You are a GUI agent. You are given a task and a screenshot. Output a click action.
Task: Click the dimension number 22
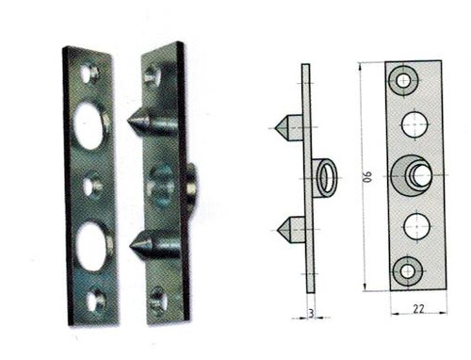click(x=418, y=308)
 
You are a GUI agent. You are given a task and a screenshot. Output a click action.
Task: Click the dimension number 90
click(x=367, y=176)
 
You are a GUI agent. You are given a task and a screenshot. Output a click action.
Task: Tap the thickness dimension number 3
click(x=311, y=314)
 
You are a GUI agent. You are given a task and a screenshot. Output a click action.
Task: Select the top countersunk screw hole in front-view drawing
click(x=403, y=81)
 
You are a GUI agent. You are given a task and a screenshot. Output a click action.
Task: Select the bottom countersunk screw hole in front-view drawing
click(x=407, y=271)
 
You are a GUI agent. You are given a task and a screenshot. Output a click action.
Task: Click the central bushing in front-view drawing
click(x=412, y=175)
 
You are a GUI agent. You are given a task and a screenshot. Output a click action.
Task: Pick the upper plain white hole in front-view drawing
click(x=414, y=124)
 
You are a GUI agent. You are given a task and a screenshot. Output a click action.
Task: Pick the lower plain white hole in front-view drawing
click(x=416, y=226)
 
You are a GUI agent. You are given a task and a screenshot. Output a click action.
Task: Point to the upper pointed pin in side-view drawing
click(x=289, y=128)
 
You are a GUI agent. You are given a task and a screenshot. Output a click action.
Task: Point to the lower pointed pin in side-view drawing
click(x=291, y=230)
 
